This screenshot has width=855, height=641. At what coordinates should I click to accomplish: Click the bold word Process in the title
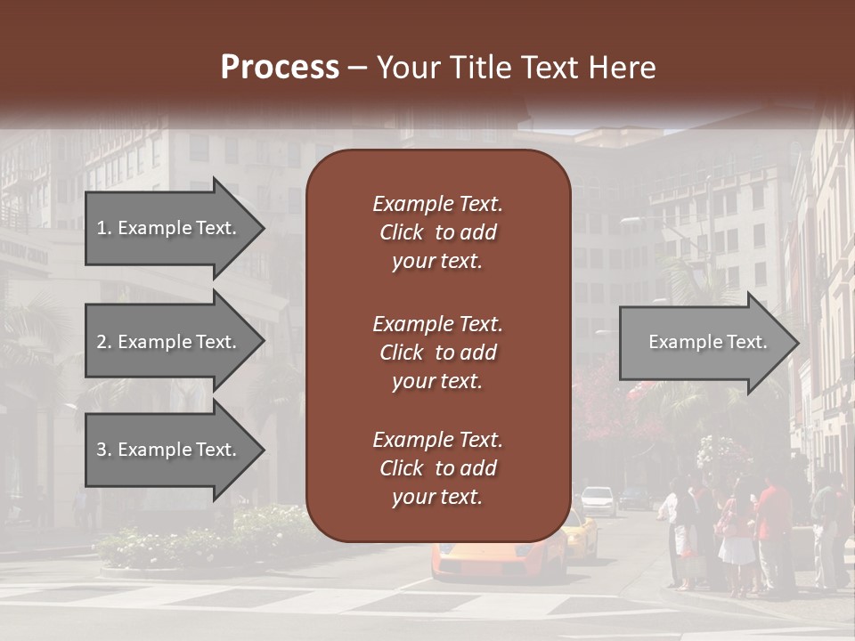point(280,68)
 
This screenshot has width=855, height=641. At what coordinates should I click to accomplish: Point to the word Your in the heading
point(406,68)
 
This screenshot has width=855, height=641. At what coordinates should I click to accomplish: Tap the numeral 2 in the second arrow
point(102,342)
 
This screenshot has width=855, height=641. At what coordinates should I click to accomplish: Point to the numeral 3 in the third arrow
point(102,450)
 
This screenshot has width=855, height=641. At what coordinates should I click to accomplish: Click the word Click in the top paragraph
point(402,232)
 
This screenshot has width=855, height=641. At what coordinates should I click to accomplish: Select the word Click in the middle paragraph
point(402,353)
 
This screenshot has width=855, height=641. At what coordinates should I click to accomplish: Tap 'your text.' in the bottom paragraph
point(437,498)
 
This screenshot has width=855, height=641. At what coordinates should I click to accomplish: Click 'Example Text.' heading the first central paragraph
point(437,204)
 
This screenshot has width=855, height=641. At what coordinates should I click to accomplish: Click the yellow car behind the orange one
point(581,534)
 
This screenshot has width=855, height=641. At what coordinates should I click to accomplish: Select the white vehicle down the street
point(599,500)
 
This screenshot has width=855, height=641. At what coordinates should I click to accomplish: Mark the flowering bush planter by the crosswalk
point(205,539)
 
